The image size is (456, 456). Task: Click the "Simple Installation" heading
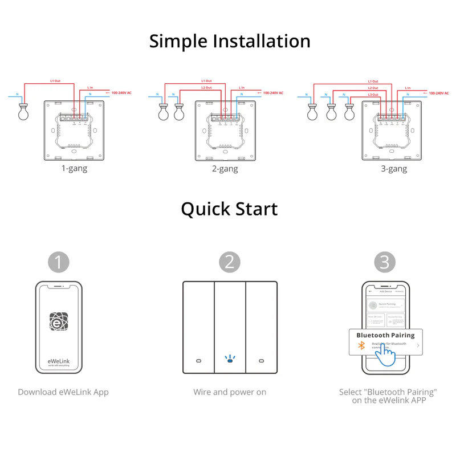point(230,42)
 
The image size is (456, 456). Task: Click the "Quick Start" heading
point(229,209)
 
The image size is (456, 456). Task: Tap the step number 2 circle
point(230,262)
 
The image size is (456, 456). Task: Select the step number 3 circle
point(385,262)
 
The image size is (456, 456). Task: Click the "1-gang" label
point(74,169)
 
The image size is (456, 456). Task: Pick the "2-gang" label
point(225,169)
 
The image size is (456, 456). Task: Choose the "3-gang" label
point(394,169)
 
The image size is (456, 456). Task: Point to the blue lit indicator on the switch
point(230,360)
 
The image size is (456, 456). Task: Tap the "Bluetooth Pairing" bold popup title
point(385,336)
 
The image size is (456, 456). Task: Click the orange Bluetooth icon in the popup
point(360,346)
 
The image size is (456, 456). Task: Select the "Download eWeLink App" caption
point(63,392)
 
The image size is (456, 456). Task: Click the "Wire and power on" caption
point(230,392)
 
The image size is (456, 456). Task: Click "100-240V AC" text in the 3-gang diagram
point(440,92)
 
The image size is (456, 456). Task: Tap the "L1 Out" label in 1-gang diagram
point(55,81)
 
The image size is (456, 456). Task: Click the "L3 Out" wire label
point(373,94)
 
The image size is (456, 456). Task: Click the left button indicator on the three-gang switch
point(198,361)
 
